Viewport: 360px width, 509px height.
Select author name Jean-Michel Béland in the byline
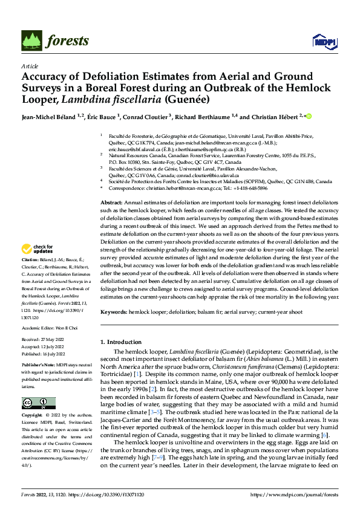[50, 115]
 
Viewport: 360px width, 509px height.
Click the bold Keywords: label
[113, 313]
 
